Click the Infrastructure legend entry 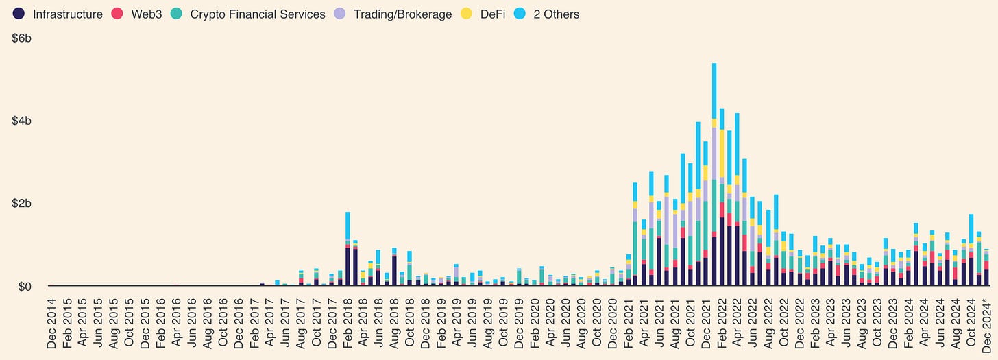(67, 14)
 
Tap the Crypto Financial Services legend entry (257, 14)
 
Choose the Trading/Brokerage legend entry (402, 14)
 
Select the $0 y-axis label (25, 286)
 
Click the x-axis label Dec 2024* (987, 324)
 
